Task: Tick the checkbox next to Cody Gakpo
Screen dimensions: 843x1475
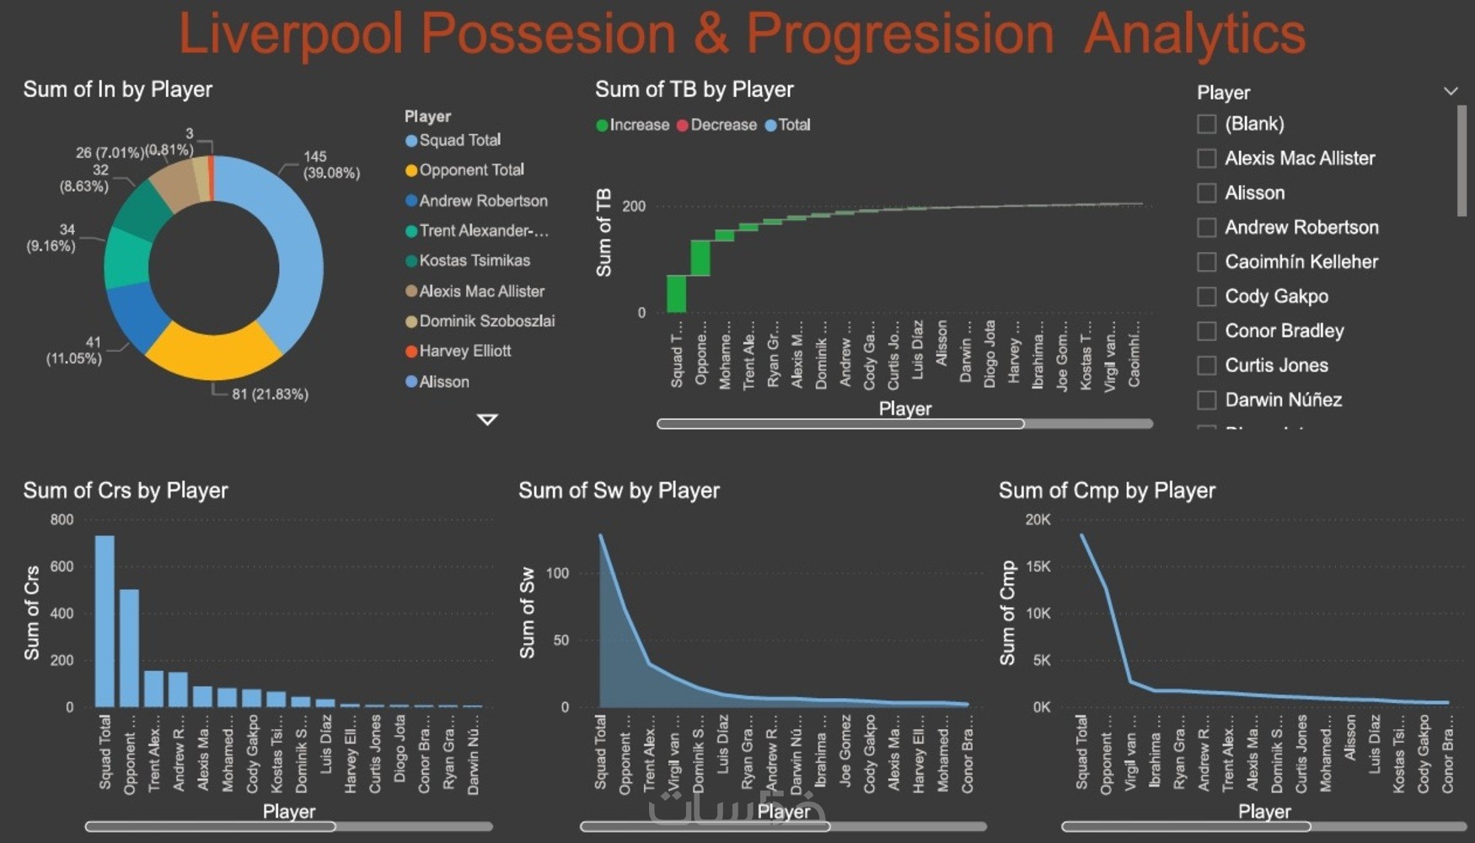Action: point(1206,297)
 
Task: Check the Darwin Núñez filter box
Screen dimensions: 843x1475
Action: point(1206,400)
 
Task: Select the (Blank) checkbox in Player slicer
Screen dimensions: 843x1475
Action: point(1206,124)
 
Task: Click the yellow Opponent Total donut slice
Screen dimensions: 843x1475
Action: point(212,354)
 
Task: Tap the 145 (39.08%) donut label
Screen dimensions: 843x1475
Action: point(330,164)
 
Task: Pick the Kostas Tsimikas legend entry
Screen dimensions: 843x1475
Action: point(474,261)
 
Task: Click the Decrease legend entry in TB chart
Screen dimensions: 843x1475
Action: point(722,126)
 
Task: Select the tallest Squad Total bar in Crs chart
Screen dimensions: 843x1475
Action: point(105,620)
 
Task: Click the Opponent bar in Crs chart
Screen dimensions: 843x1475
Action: point(129,647)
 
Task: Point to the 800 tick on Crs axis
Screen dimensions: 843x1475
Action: point(62,520)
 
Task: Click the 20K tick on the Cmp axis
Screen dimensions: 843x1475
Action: point(1038,520)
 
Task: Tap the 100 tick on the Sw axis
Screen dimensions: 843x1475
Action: point(557,573)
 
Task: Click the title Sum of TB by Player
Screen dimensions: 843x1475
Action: point(694,89)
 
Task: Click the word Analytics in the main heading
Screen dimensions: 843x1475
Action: point(1194,34)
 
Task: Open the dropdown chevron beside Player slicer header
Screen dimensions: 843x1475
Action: point(1450,91)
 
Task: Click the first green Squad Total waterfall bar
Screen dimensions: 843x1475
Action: point(676,293)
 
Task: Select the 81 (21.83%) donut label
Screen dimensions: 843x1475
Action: point(270,395)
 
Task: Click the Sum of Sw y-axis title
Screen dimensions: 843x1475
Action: point(528,613)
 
